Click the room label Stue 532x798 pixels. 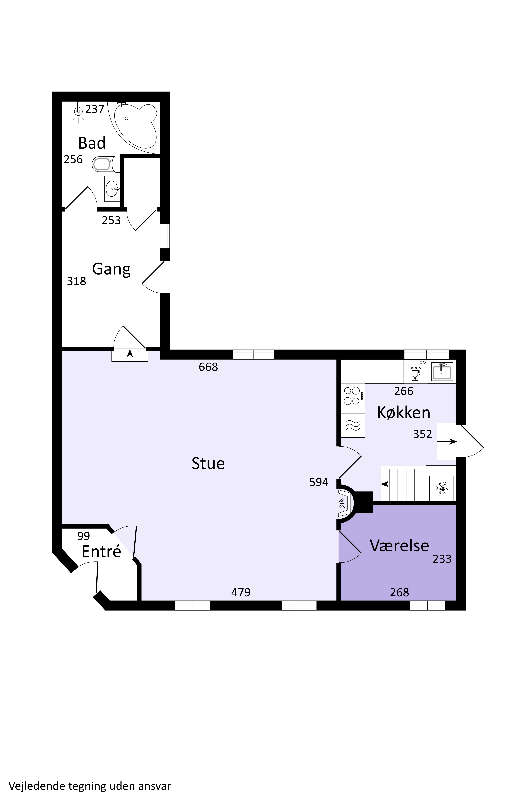pyautogui.click(x=208, y=464)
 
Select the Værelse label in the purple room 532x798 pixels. pyautogui.click(x=399, y=546)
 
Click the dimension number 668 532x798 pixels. pyautogui.click(x=208, y=367)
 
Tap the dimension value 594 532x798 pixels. pyautogui.click(x=319, y=482)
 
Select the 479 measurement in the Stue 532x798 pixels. pyautogui.click(x=241, y=592)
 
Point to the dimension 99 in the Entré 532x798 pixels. pyautogui.click(x=84, y=536)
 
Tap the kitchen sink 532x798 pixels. pyautogui.click(x=442, y=371)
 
